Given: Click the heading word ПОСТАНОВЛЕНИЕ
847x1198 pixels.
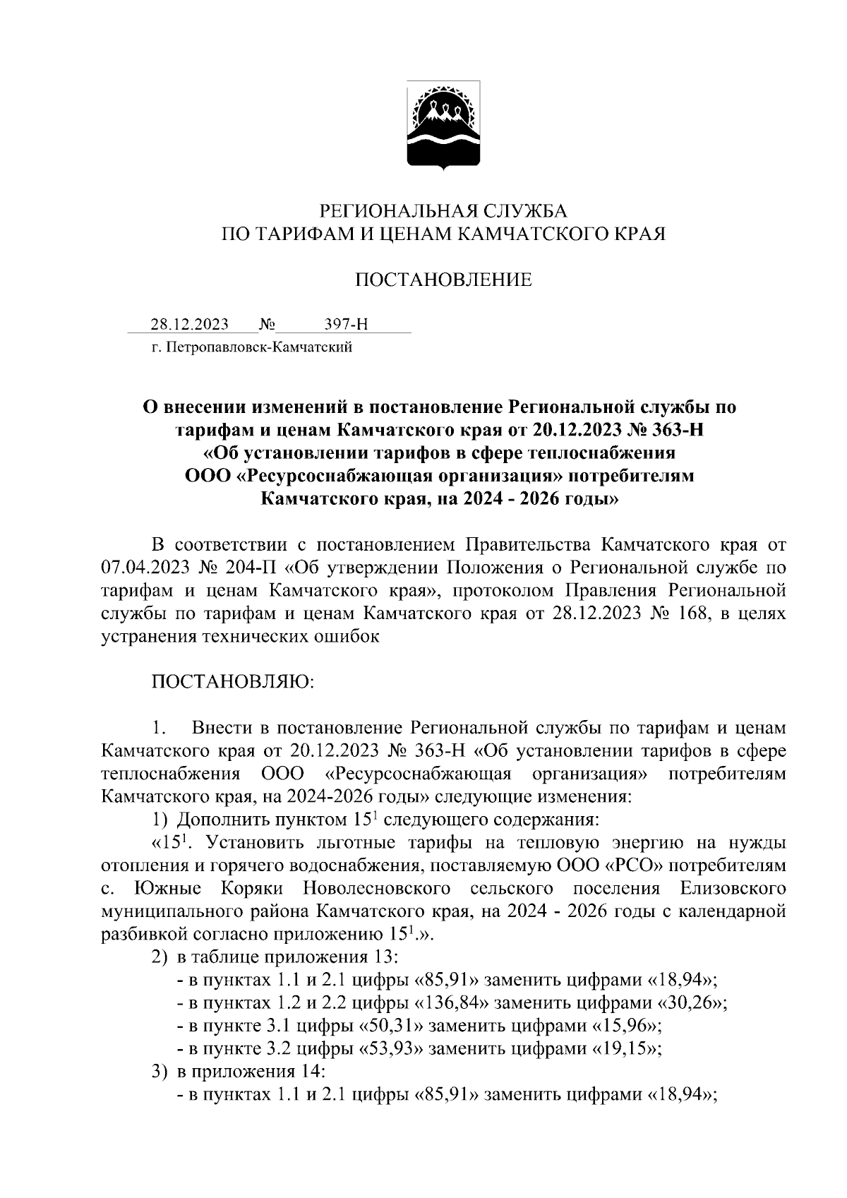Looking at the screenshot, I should pos(443,280).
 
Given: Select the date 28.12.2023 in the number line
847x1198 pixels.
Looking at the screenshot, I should pos(189,325).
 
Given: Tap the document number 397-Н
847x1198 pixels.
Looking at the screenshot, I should pos(346,325).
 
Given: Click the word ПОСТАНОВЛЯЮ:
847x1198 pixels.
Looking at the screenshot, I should pos(233,682).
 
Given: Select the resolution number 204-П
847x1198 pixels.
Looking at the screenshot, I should pos(253,567).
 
